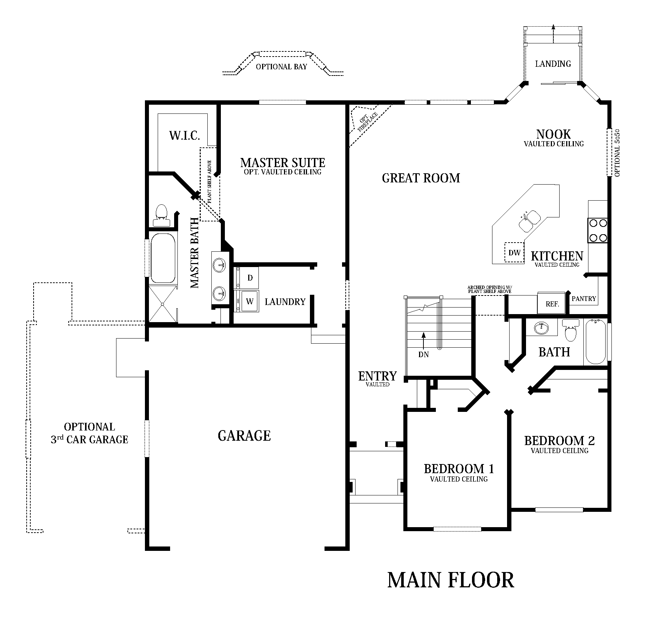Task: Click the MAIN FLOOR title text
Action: pos(450,580)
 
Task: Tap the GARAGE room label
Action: pos(244,436)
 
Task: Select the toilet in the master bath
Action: pos(161,215)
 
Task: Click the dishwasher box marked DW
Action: pos(514,252)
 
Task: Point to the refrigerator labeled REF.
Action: pos(552,303)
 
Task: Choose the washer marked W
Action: pos(249,301)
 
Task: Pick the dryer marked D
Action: pos(250,278)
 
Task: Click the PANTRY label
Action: pos(584,298)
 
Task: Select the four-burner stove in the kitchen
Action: pos(598,231)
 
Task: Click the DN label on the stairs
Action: pos(423,354)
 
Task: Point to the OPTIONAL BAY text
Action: pos(281,67)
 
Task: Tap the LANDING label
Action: pos(553,64)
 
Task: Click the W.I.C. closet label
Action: pos(184,136)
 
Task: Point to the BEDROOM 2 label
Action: pos(559,441)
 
